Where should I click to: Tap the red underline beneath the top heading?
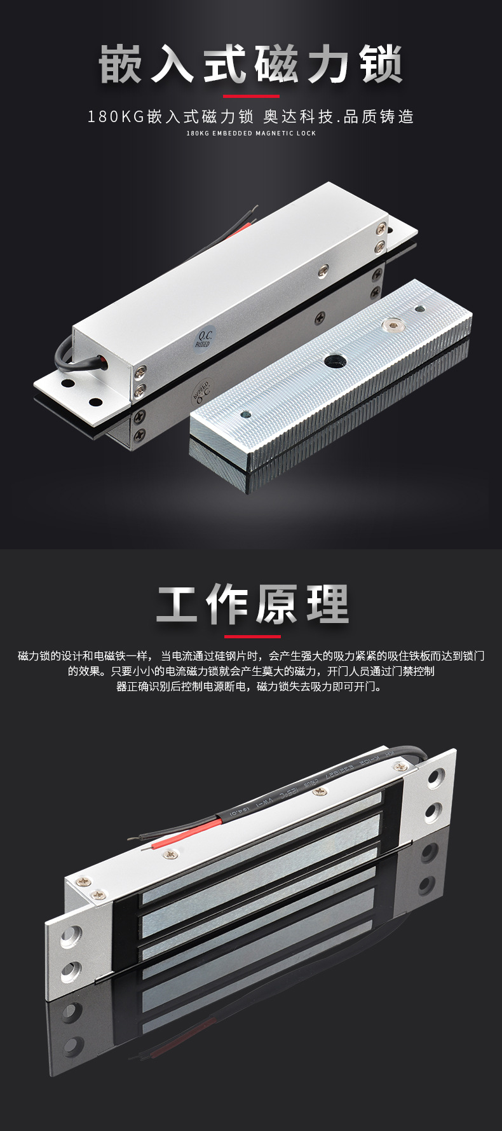pos(251,97)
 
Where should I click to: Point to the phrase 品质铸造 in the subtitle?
pos(379,117)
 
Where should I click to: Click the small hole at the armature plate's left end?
pos(246,415)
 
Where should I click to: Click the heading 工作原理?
pos(252,604)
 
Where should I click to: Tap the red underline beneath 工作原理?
pos(252,636)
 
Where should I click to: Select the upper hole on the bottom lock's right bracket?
pos(437,777)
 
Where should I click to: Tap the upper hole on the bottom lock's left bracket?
pos(71,935)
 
